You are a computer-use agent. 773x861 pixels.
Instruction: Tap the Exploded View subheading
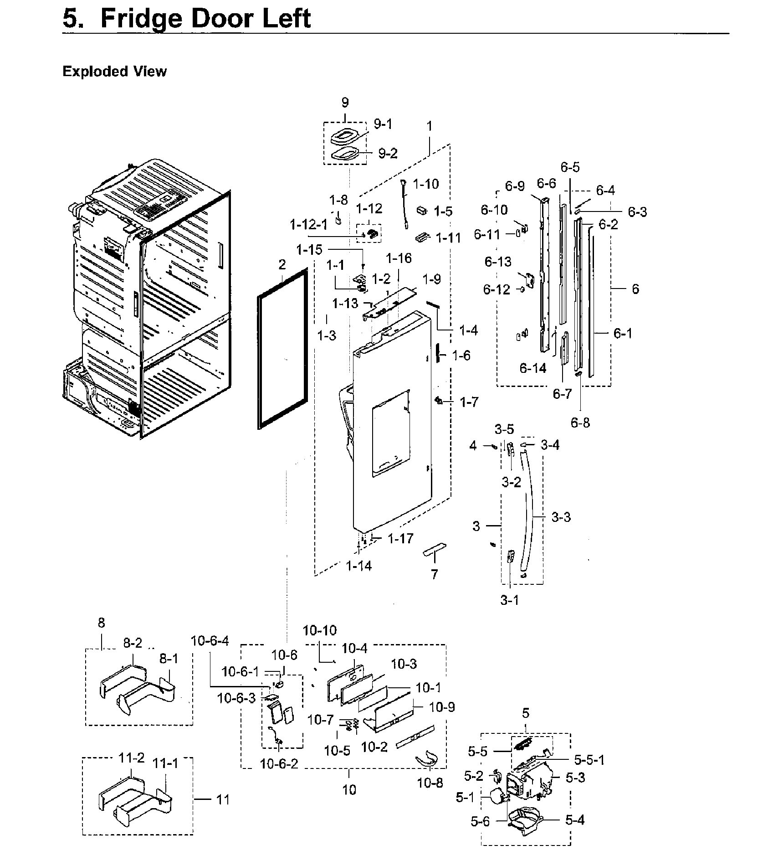[x=114, y=72]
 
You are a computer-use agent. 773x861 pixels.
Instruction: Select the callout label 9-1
[x=383, y=124]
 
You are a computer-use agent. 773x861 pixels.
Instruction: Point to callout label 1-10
[x=425, y=184]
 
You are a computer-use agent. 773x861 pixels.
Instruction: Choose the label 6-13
[x=497, y=262]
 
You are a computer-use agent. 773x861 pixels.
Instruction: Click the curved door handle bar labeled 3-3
[x=530, y=510]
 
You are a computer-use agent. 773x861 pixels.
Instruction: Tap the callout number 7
[x=434, y=574]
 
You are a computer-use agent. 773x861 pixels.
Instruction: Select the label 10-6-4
[x=210, y=641]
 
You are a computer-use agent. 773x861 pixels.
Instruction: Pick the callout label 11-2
[x=132, y=758]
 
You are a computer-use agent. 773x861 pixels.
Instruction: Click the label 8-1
[x=169, y=659]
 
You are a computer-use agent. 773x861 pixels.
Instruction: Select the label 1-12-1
[x=308, y=225]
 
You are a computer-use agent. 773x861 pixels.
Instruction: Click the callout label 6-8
[x=580, y=423]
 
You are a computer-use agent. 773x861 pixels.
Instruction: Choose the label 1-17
[x=400, y=539]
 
